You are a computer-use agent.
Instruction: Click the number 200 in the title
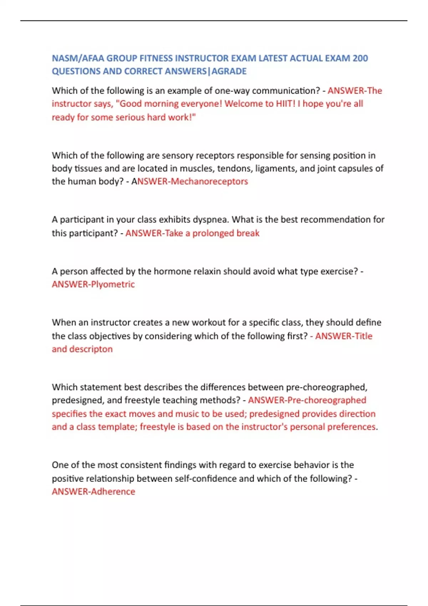pos(360,58)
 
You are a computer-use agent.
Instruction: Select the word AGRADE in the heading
pos(229,71)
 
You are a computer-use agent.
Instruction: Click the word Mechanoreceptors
pos(209,181)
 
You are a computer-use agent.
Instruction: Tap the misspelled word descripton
pos(91,349)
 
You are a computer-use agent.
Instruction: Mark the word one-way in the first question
pos(232,91)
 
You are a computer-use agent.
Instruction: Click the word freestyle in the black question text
pos(142,400)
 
